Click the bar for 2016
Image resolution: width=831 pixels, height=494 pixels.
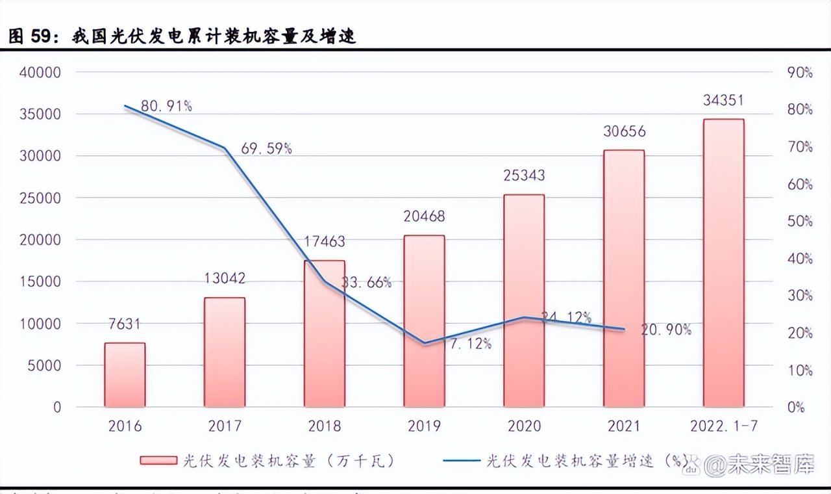(x=125, y=375)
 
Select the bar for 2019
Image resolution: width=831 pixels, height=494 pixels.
(x=424, y=321)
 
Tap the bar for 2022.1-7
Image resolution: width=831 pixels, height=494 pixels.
(x=723, y=263)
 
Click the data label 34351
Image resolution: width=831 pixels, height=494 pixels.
(x=723, y=101)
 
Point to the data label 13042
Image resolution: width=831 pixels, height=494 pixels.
(x=225, y=279)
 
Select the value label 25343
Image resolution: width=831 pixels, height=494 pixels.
(x=524, y=175)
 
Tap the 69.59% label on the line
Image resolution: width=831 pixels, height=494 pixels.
(x=266, y=148)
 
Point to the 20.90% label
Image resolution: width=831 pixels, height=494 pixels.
(x=665, y=330)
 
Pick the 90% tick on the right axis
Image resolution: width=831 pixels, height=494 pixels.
(x=799, y=72)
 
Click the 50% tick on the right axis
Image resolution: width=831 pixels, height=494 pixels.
(x=799, y=221)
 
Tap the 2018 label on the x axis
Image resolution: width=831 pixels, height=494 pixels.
(x=325, y=426)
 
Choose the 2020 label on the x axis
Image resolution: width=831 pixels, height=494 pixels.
(x=524, y=426)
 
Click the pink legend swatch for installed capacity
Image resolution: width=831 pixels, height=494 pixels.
(x=158, y=461)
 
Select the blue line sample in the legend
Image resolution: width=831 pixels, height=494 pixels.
(x=461, y=461)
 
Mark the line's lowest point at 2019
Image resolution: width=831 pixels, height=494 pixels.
(x=425, y=343)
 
